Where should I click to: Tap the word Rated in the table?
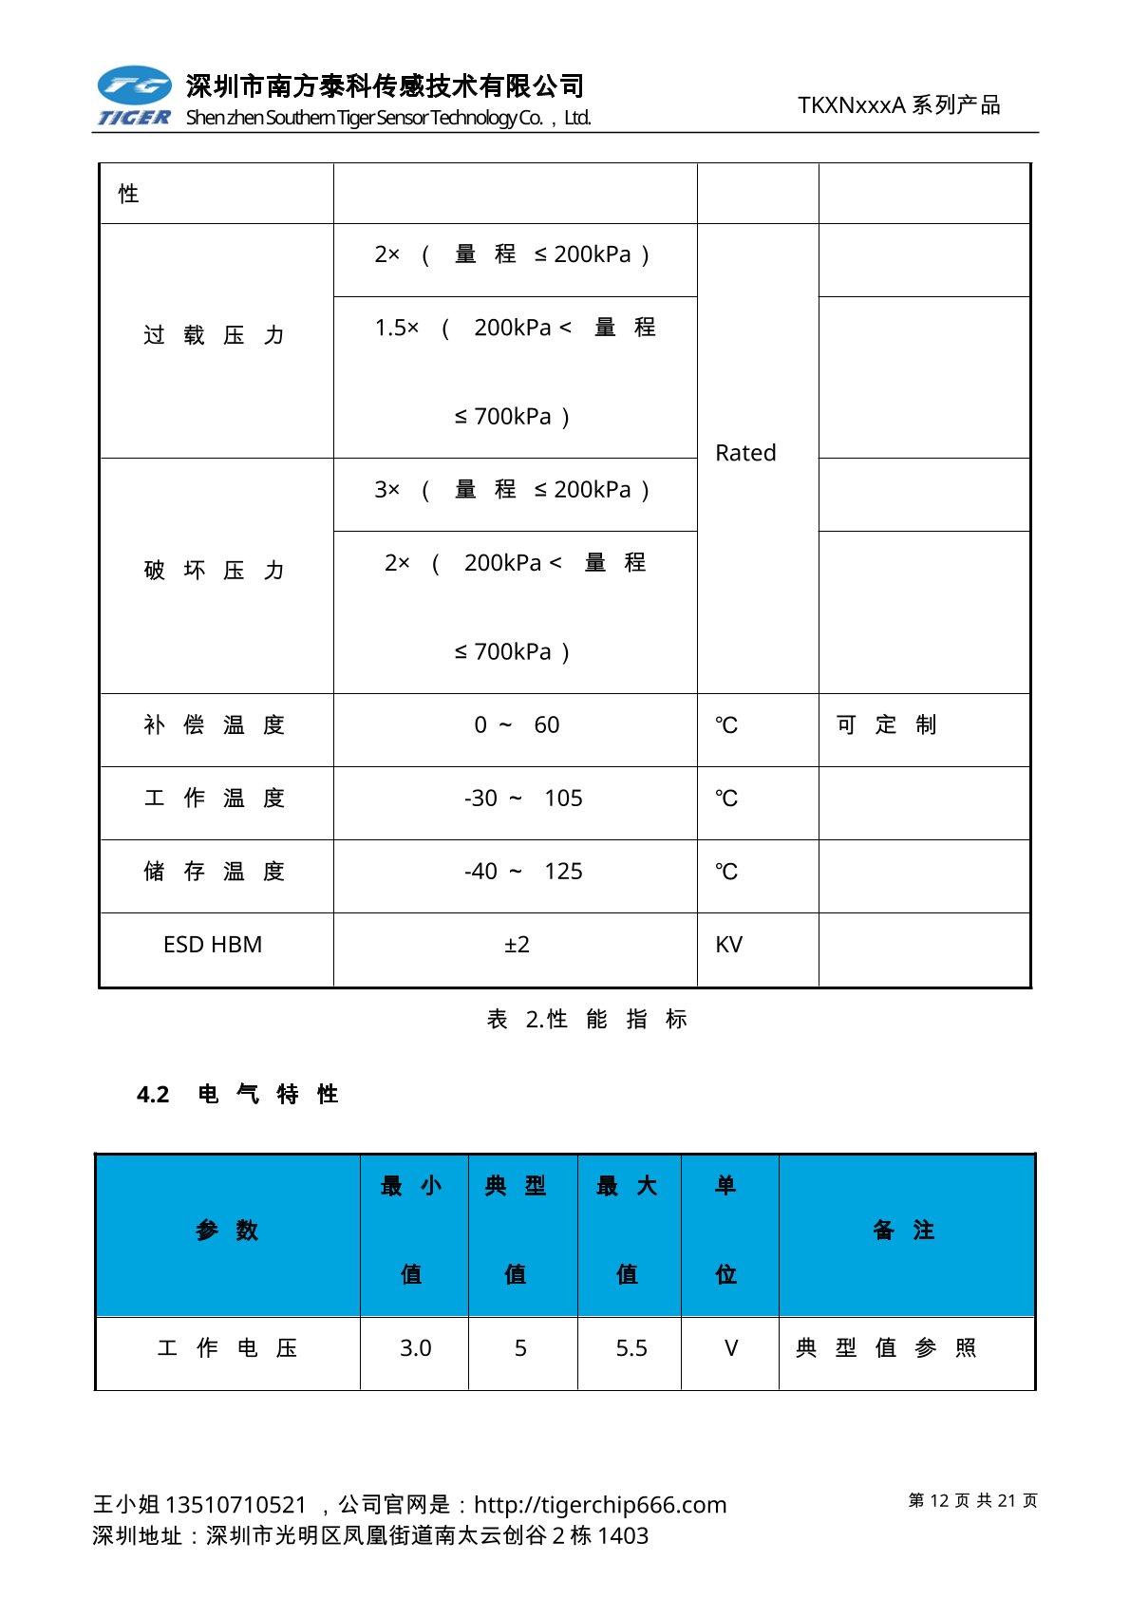pos(745,453)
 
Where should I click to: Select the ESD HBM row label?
pos(213,945)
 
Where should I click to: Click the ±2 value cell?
pos(517,945)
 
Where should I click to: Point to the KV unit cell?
pos(729,945)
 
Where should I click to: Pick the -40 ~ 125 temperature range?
pos(523,872)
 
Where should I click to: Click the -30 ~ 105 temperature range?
pos(523,799)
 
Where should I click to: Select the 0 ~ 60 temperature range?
pos(517,725)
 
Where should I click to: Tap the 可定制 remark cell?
pos(886,725)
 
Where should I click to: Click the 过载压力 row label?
pos(214,335)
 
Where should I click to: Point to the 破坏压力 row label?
pos(214,571)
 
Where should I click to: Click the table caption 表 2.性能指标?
pos(587,1020)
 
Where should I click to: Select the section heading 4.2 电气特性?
pos(237,1095)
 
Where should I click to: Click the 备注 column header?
pos(903,1231)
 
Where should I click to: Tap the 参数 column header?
pos(227,1231)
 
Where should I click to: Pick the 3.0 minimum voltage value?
pos(415,1348)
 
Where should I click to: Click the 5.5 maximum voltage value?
pos(631,1348)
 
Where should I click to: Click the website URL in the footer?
pos(600,1505)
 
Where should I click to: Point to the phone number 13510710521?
pos(235,1505)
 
